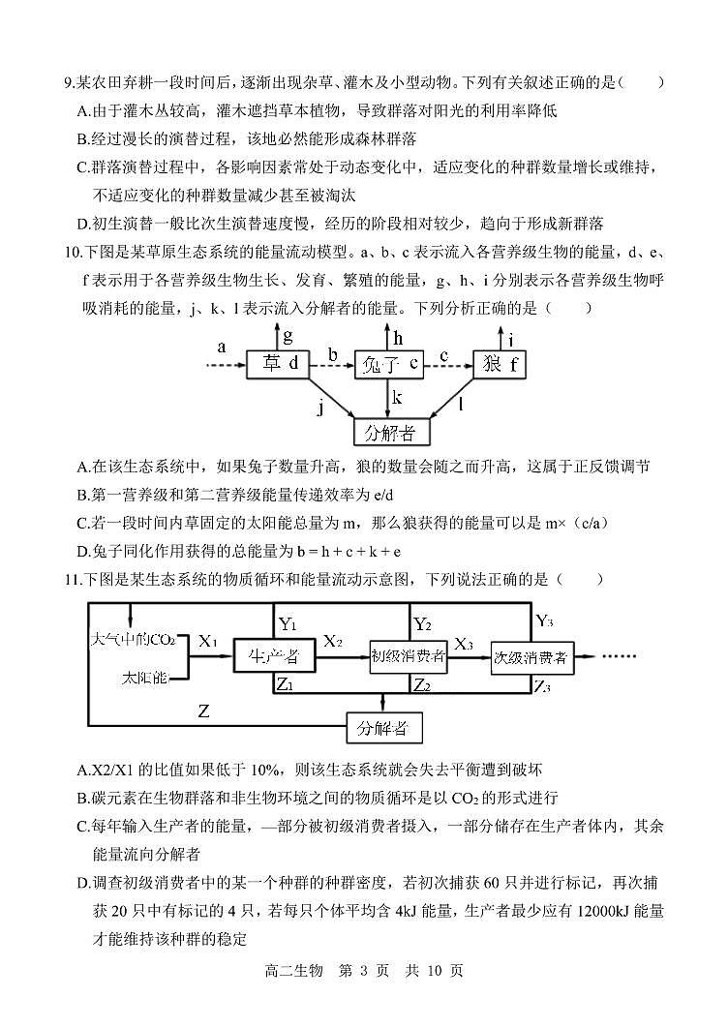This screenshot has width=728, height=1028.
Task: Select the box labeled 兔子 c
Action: (389, 365)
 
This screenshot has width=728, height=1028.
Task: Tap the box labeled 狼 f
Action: (501, 365)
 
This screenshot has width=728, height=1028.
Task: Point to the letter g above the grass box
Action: (288, 334)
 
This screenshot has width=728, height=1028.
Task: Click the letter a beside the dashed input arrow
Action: (222, 346)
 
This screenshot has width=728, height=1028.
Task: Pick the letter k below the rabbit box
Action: (397, 397)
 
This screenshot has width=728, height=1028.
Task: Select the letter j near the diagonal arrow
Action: (319, 408)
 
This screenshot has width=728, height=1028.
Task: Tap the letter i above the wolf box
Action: (511, 339)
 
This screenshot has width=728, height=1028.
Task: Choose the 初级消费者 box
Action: (408, 657)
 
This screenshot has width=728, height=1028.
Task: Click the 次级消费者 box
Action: (530, 657)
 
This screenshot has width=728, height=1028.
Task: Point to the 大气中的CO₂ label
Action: (133, 640)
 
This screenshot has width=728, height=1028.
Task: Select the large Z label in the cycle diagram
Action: (203, 712)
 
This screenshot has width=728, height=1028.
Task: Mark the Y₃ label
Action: (545, 620)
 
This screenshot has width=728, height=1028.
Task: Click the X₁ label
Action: (209, 641)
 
